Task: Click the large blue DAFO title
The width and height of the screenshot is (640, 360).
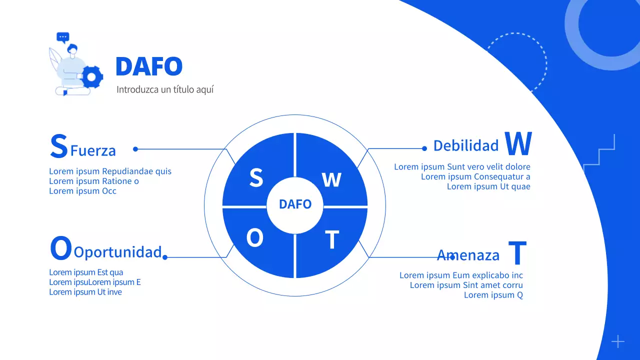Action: [149, 66]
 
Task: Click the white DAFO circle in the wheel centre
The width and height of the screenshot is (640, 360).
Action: [295, 204]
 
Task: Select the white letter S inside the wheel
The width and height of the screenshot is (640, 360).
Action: [256, 177]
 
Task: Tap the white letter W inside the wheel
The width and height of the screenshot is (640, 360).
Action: [331, 179]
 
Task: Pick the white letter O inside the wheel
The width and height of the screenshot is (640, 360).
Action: [255, 239]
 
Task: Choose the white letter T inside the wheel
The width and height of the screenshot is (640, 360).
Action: [332, 240]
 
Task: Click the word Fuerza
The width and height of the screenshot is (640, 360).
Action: [93, 150]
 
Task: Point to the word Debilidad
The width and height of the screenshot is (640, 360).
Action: [466, 145]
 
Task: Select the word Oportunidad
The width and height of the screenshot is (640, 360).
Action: [117, 252]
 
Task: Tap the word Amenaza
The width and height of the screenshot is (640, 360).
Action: [468, 255]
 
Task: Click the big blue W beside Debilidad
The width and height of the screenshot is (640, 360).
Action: [518, 144]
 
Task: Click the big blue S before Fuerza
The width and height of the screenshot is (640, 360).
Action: [59, 145]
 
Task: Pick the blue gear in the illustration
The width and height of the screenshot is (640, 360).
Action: [92, 76]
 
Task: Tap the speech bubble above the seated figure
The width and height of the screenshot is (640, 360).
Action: [62, 37]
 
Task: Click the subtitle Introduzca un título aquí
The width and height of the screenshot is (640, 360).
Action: [165, 90]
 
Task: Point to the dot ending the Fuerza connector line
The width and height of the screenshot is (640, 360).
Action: [135, 149]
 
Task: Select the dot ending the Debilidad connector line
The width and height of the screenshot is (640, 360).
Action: [424, 148]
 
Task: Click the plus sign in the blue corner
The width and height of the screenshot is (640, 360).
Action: [618, 341]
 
